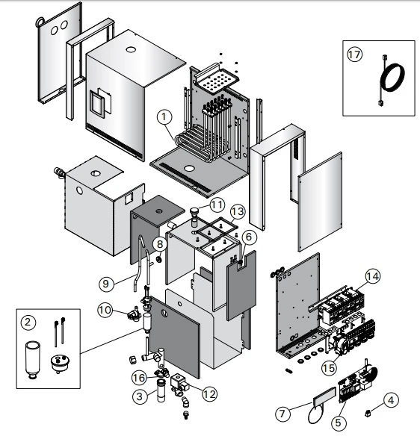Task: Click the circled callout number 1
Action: (x=164, y=116)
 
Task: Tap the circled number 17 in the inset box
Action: (x=354, y=54)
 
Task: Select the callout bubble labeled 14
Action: (x=372, y=276)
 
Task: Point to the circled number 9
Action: (x=107, y=284)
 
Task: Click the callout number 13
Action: (x=238, y=212)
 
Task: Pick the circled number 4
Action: (x=391, y=400)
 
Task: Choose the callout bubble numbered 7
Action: (x=282, y=414)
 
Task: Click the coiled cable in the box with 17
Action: (x=392, y=78)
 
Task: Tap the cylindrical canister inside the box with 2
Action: (x=33, y=360)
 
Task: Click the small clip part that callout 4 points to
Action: (x=368, y=414)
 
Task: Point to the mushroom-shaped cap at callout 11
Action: (x=194, y=212)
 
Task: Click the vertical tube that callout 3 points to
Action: (x=161, y=390)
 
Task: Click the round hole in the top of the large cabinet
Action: (x=130, y=50)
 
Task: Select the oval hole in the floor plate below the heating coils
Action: (x=189, y=168)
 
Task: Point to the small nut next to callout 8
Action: (x=159, y=259)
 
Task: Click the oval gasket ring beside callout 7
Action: (x=316, y=415)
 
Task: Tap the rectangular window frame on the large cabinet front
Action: (x=97, y=104)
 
